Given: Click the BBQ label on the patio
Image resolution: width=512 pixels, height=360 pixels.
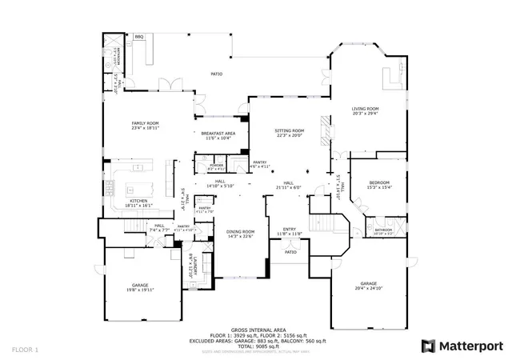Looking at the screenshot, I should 139,37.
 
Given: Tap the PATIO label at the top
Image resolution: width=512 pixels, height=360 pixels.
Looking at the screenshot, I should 216,74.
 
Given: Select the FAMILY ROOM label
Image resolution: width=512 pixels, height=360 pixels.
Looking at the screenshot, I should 146,123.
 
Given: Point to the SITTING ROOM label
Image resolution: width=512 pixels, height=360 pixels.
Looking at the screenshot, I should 290,130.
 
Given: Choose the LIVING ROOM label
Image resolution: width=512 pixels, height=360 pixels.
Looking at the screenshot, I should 366,109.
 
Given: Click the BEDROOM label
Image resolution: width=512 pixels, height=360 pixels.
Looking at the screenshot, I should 379,182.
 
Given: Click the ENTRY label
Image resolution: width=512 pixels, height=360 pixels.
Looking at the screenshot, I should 289,230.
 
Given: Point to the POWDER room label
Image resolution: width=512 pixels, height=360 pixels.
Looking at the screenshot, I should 216,165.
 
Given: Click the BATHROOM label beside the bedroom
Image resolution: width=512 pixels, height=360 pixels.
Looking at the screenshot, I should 382,230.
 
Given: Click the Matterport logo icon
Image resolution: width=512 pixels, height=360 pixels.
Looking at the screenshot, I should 429,346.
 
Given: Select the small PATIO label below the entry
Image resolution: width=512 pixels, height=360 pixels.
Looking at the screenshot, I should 290,252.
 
